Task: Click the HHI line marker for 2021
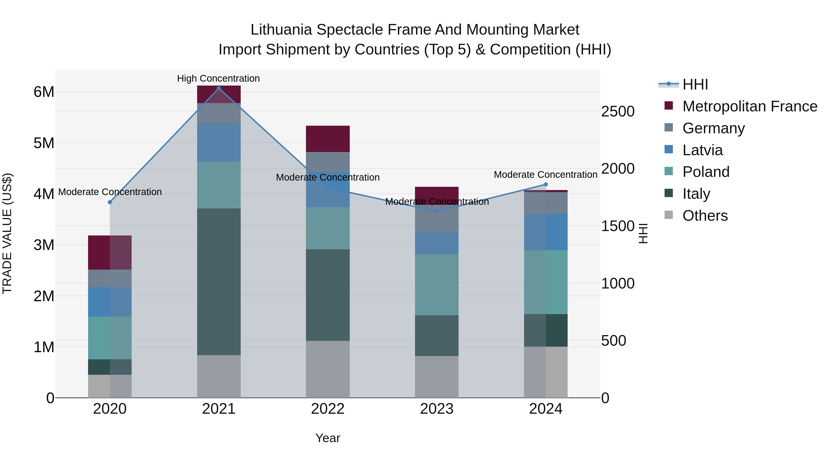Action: [x=219, y=88]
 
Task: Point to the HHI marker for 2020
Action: [x=110, y=202]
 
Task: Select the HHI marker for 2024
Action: [x=546, y=184]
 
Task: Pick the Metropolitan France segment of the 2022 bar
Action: [x=328, y=139]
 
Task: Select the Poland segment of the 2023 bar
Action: [x=437, y=285]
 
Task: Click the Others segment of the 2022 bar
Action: [x=328, y=369]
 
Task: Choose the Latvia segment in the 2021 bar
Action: [x=219, y=143]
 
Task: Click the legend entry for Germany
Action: [x=713, y=128]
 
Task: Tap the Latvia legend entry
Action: [x=703, y=150]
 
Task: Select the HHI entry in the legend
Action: [x=695, y=84]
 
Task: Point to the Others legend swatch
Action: [x=669, y=215]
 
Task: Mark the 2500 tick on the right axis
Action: [x=618, y=112]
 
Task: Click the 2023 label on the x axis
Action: [x=437, y=409]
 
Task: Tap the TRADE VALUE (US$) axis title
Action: [x=7, y=233]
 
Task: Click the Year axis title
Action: [x=328, y=438]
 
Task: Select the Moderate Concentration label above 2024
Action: [x=545, y=175]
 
